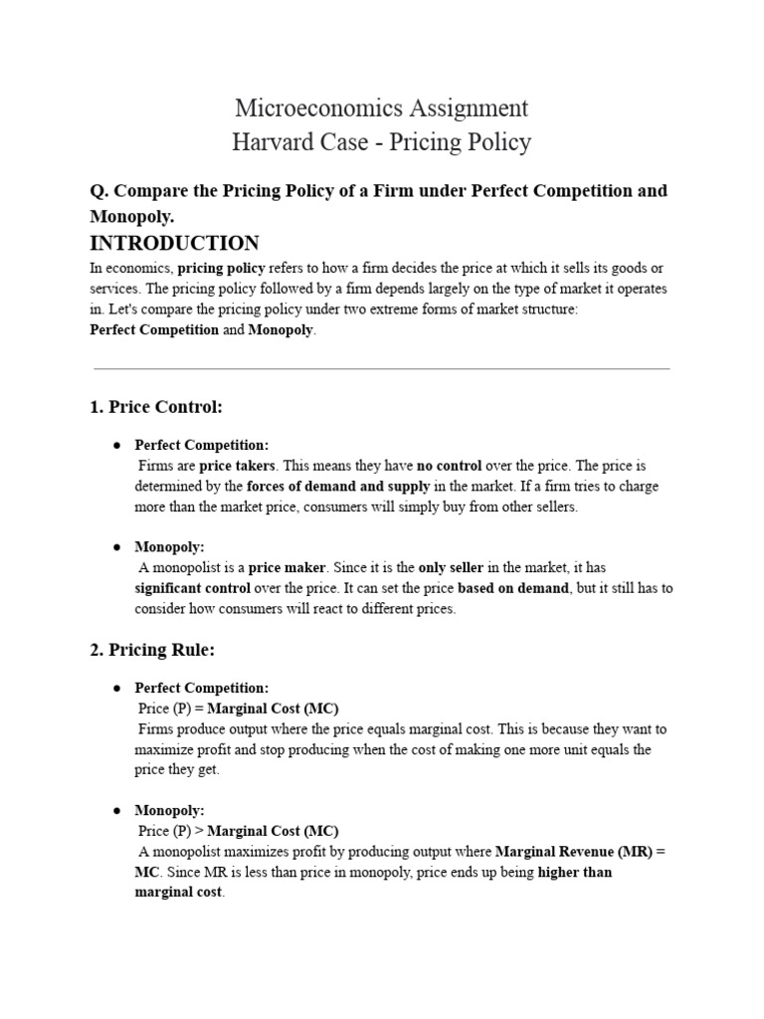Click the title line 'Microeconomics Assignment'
tap(381, 107)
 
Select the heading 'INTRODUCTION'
tap(174, 243)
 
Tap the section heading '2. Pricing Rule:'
tap(152, 650)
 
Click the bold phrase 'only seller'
tap(451, 567)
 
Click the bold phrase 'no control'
tap(449, 466)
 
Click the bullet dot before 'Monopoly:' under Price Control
tap(117, 547)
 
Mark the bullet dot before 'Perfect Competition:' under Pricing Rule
tap(117, 688)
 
